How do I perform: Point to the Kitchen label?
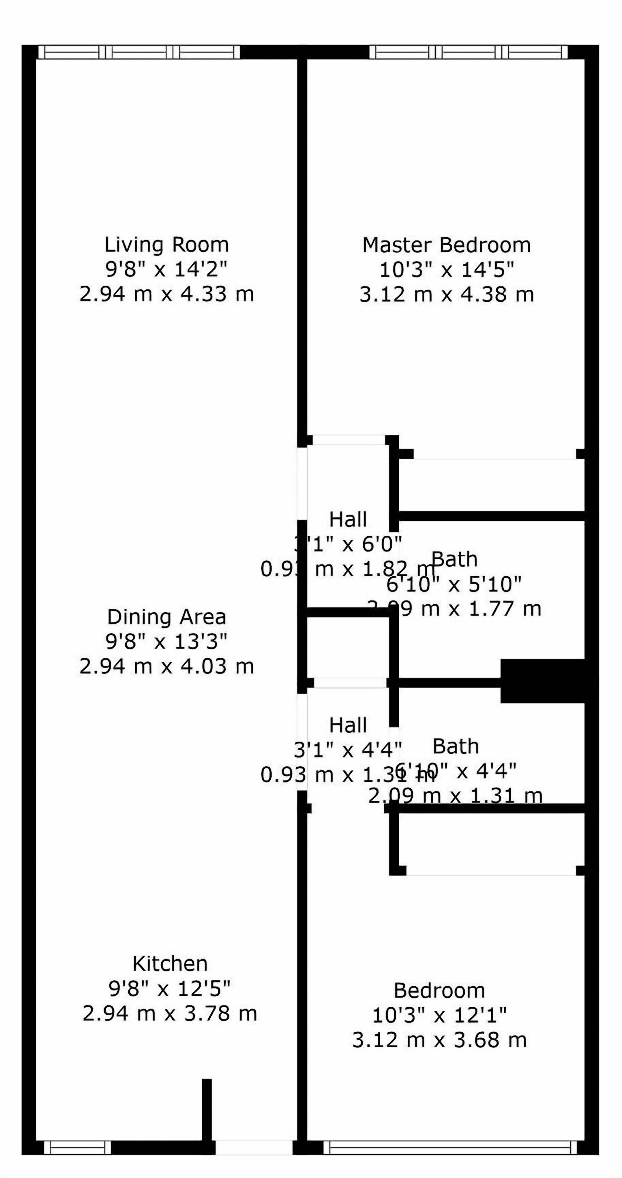click(170, 964)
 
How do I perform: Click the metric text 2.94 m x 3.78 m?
click(170, 1013)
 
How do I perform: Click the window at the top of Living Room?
click(139, 52)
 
